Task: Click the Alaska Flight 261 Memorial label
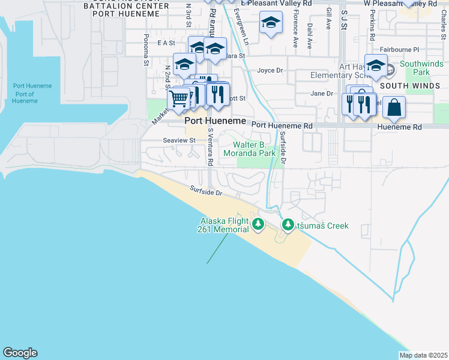click(x=224, y=225)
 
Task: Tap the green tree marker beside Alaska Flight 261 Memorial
click(x=258, y=224)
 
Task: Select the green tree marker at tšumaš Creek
click(x=288, y=226)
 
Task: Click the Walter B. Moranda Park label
click(x=255, y=149)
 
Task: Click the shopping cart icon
click(x=178, y=98)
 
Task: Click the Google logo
click(x=20, y=353)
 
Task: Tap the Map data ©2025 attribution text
click(x=423, y=355)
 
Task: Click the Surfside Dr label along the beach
click(x=206, y=191)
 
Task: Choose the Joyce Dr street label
click(x=270, y=70)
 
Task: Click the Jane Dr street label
click(x=322, y=93)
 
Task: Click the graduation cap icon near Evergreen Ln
click(x=271, y=23)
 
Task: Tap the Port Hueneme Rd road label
click(x=282, y=126)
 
